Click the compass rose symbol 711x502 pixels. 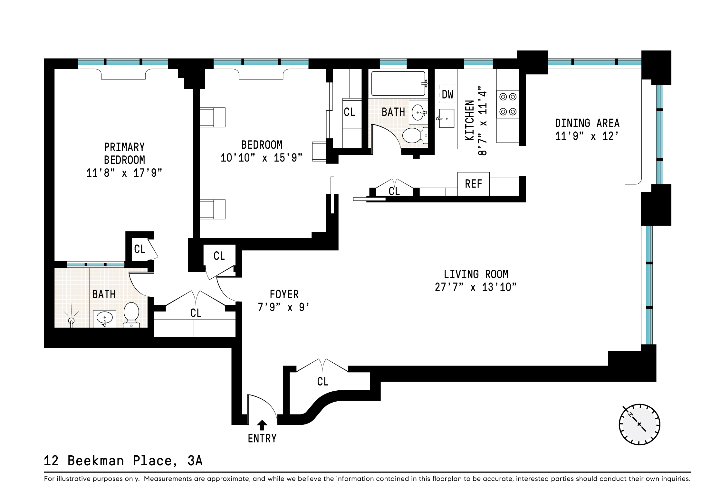pos(639,424)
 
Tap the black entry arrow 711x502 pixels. pos(262,425)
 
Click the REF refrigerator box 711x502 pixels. pos(473,184)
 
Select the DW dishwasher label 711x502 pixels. pos(447,95)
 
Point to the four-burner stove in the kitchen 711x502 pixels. pos(508,104)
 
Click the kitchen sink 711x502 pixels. pos(446,118)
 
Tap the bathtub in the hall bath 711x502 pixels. pos(399,84)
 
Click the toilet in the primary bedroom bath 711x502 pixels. pos(131,315)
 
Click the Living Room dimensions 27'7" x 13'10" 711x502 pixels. pos(476,287)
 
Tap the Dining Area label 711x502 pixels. pos(587,123)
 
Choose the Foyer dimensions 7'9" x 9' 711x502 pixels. pos(283,307)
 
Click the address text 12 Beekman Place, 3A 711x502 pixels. pos(123,461)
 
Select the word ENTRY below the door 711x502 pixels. pos(262,438)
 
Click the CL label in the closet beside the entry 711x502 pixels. pos(322,382)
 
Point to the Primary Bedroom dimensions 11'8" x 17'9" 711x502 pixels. pos(124,173)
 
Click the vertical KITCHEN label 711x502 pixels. pos(470,120)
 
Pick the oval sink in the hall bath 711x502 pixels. pos(418,112)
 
